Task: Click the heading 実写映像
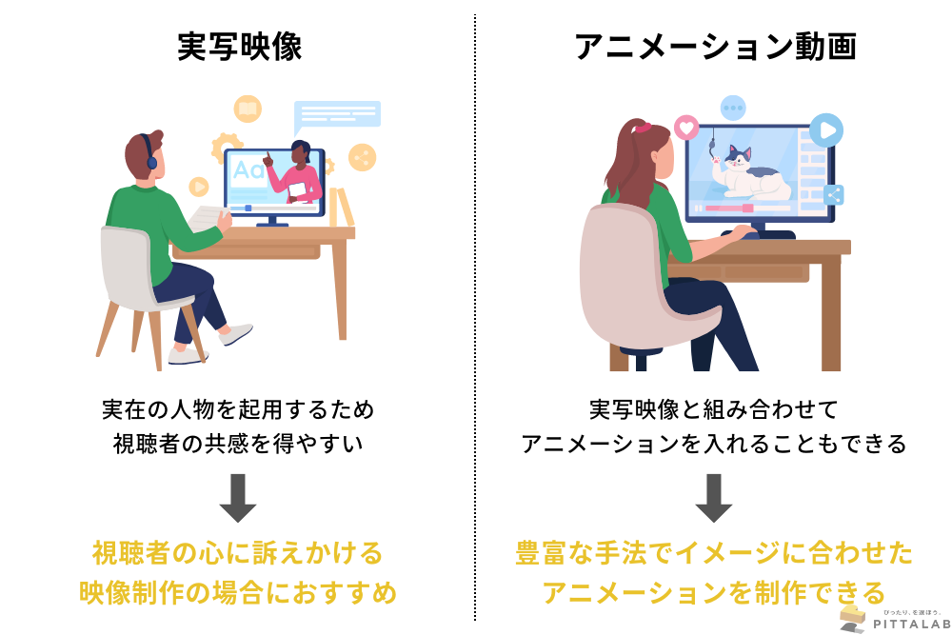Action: point(239,47)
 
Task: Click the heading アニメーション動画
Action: point(715,47)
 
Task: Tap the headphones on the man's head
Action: point(149,153)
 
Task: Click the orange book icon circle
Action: point(248,109)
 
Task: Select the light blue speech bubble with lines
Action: point(337,115)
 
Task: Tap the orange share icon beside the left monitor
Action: point(363,158)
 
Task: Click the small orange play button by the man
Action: point(199,187)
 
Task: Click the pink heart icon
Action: point(686,129)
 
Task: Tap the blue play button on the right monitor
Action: point(826,129)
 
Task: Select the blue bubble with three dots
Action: point(733,109)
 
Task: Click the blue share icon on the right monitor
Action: point(834,195)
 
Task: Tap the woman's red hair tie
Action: point(643,128)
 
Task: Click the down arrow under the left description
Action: point(237,498)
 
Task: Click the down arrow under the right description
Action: point(713,498)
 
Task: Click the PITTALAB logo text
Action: point(911,625)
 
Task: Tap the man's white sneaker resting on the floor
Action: point(188,356)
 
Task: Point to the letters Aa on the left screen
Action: point(248,169)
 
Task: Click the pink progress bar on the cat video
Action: point(728,208)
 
